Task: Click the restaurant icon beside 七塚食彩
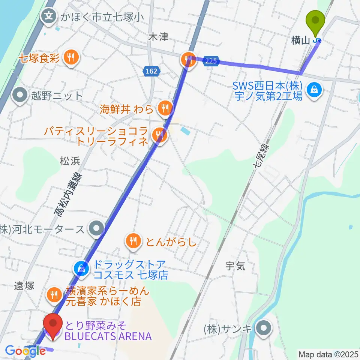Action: coord(70,57)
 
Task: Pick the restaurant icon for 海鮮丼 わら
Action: coord(164,109)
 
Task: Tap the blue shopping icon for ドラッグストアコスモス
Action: coord(81,268)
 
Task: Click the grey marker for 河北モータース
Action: coord(96,228)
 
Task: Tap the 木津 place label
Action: coord(158,37)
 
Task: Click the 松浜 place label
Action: coord(70,162)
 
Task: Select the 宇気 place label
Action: coord(235,266)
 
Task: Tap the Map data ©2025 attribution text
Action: coord(327,354)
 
